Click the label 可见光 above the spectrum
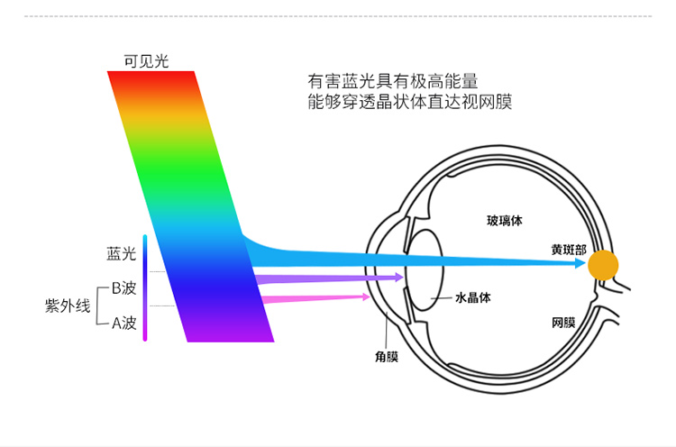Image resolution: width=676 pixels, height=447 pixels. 146,61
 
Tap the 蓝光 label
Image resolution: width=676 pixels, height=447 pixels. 121,253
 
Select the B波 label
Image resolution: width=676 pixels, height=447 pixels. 123,288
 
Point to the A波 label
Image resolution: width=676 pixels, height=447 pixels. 124,323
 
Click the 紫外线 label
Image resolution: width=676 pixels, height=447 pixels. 68,306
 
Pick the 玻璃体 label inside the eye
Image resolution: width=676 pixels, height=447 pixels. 505,221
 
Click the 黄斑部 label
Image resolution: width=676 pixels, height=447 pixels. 569,250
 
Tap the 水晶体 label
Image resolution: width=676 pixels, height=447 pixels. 473,297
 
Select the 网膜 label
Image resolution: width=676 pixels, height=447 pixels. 563,323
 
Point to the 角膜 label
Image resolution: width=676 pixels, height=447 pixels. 387,357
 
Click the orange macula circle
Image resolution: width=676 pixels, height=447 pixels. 603,265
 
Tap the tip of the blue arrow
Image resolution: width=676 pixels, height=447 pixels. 586,263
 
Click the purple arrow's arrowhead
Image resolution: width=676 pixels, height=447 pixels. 399,277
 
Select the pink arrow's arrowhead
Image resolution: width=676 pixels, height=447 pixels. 366,296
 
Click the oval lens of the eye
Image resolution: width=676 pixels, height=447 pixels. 425,269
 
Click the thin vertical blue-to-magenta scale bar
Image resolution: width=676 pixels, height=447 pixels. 145,288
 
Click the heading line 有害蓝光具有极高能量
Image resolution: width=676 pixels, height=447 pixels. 393,81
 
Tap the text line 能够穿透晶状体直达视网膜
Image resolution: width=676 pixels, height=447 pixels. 410,102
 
